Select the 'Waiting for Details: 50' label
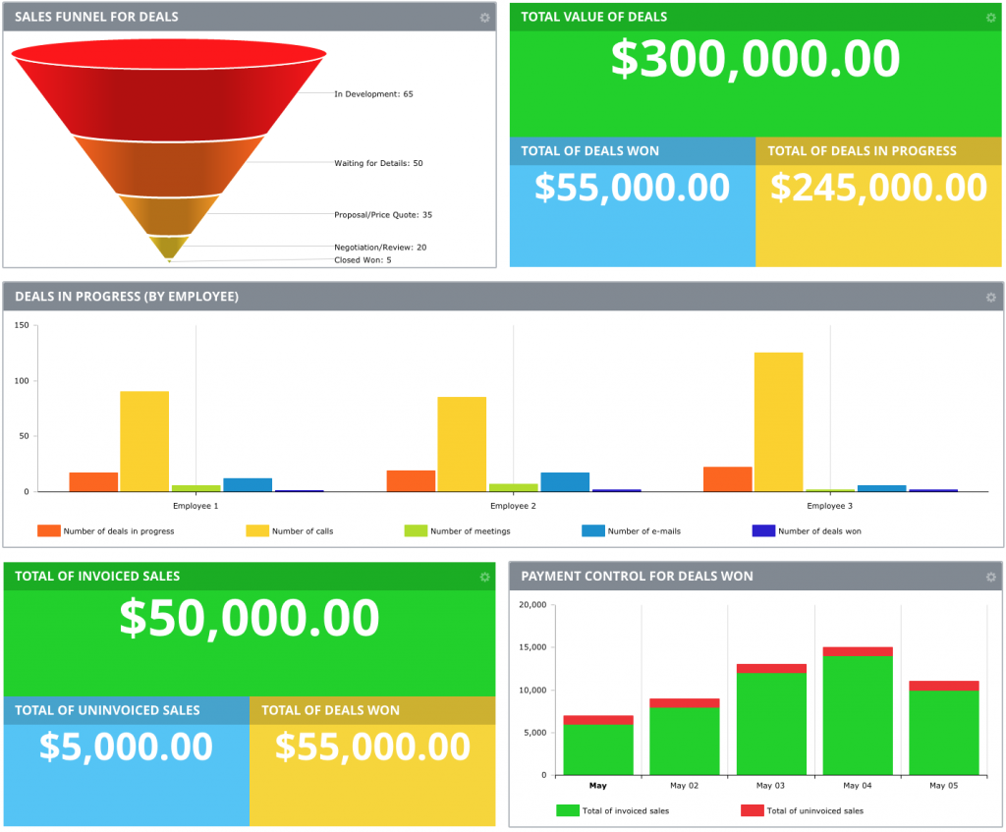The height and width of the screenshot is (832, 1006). (x=378, y=163)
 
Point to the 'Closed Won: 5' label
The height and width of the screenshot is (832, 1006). (x=363, y=260)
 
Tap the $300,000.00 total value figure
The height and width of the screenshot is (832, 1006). (x=754, y=59)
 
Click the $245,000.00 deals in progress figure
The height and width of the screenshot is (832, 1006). (x=878, y=188)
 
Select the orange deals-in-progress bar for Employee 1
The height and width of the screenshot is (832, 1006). (x=93, y=481)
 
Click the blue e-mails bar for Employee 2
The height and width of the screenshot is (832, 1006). (x=565, y=481)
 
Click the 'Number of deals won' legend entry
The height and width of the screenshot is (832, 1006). (x=819, y=531)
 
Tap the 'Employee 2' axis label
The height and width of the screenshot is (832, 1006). (x=513, y=506)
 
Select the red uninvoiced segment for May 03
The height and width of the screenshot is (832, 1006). (x=771, y=669)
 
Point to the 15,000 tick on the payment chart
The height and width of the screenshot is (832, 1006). (x=531, y=647)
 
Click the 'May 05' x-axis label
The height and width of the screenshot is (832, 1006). (x=944, y=786)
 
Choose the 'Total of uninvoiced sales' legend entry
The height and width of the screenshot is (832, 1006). (x=814, y=810)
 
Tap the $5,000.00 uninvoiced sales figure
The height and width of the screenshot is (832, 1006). (x=126, y=747)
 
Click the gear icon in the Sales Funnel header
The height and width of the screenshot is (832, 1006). (x=484, y=18)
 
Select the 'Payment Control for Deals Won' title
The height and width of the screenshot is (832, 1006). (x=637, y=576)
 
